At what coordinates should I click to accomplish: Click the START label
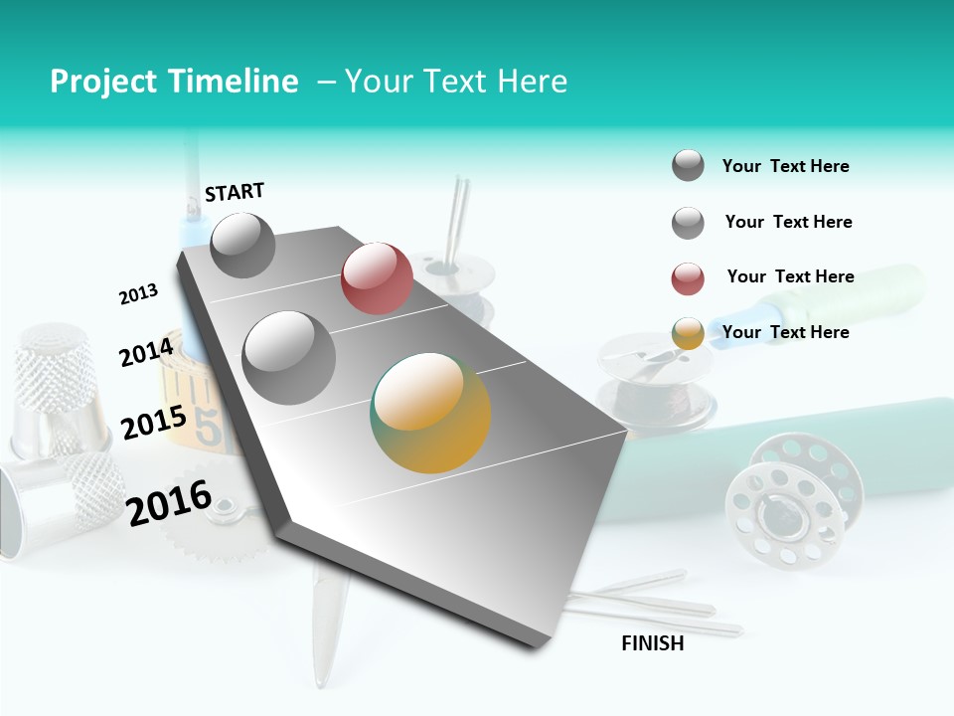tap(235, 192)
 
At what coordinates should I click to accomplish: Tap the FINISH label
tap(653, 643)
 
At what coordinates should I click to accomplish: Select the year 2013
tap(138, 294)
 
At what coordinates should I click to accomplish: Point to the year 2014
tap(146, 352)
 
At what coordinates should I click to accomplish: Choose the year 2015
tap(154, 424)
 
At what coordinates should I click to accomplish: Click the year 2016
tap(169, 502)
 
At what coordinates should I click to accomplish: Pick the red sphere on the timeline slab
tap(377, 277)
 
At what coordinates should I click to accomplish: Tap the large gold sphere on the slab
tap(430, 413)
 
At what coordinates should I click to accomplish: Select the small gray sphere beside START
tap(242, 245)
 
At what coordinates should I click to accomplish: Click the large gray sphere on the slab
tap(289, 357)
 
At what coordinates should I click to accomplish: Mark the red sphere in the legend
tap(688, 278)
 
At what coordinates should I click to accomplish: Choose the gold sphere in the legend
tap(688, 333)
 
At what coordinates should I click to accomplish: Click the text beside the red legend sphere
tap(790, 276)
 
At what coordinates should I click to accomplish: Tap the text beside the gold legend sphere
tap(785, 332)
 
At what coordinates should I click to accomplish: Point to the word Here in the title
tap(532, 82)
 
